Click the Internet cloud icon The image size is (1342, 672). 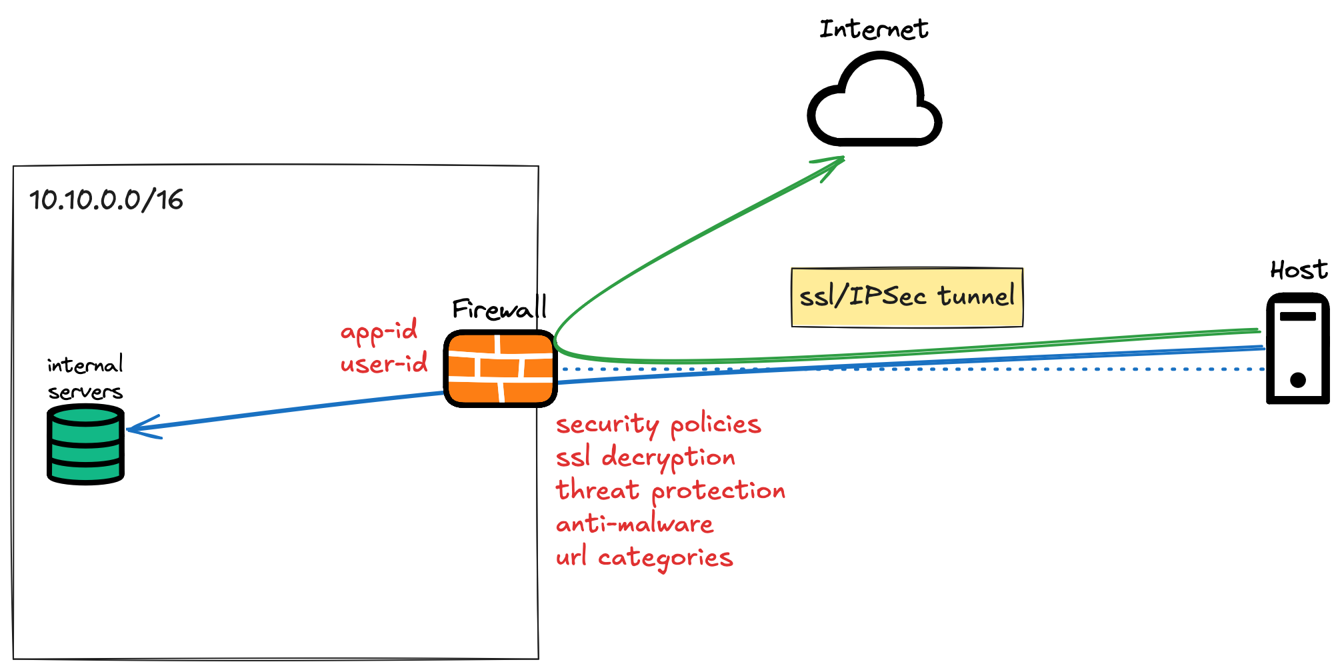pos(874,103)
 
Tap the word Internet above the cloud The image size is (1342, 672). pos(873,29)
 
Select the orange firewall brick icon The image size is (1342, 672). pos(500,368)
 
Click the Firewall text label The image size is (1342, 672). pos(499,309)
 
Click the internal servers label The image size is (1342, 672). pos(85,378)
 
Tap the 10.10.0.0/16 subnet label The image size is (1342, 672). pos(106,200)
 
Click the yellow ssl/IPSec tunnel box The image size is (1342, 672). pos(907,297)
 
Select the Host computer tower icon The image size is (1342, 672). pos(1297,348)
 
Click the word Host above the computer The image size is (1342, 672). pos(1298,270)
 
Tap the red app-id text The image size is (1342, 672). pos(379,331)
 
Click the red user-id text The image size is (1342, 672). pos(384,364)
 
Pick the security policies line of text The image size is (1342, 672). pos(658,425)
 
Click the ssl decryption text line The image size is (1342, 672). pos(645,458)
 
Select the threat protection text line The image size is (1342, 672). pos(670,491)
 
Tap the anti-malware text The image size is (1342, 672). pos(635,524)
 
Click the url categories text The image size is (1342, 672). pos(644,557)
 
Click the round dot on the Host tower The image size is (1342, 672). pos(1297,380)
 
